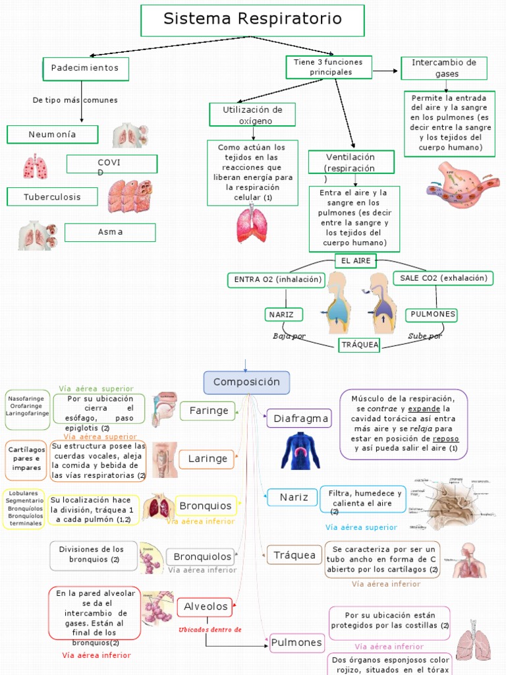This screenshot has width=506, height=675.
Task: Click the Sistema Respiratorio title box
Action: (x=252, y=20)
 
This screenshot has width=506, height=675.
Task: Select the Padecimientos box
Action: (x=85, y=69)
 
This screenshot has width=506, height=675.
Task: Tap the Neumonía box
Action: (x=53, y=134)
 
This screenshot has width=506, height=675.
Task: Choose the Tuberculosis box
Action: (x=53, y=196)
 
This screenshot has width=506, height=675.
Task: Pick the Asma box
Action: (x=110, y=232)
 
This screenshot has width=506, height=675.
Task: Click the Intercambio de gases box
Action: (x=443, y=68)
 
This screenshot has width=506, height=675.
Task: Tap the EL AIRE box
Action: (x=354, y=261)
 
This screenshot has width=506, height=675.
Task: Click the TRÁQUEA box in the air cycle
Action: (x=359, y=345)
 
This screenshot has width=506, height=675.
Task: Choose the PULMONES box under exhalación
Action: (x=432, y=314)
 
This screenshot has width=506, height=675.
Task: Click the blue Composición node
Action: (x=246, y=382)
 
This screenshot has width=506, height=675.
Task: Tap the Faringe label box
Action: (x=209, y=411)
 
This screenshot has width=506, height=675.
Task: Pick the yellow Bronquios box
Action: (x=206, y=506)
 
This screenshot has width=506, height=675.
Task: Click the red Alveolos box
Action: (x=206, y=606)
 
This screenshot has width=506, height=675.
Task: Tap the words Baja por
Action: (x=289, y=336)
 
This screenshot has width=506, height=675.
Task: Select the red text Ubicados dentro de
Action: (x=210, y=630)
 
